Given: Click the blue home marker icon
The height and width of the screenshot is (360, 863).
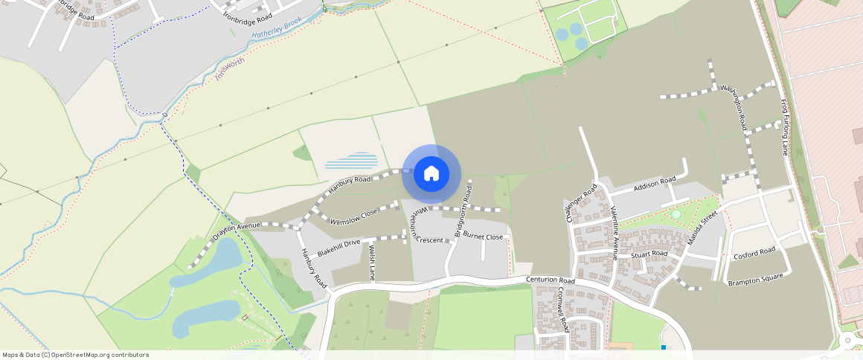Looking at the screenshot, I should coord(431,174).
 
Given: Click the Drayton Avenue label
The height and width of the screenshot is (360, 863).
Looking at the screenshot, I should coord(236,231).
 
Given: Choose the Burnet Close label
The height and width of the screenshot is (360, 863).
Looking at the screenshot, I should coord(483,237).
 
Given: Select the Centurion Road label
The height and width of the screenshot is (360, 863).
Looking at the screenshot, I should coord(551,281).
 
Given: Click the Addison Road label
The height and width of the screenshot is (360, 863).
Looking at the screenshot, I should coord(654,184).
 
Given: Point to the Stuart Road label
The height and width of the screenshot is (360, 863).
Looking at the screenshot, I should coord(649,254).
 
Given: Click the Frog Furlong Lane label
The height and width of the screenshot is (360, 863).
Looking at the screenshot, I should coord(783,127).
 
